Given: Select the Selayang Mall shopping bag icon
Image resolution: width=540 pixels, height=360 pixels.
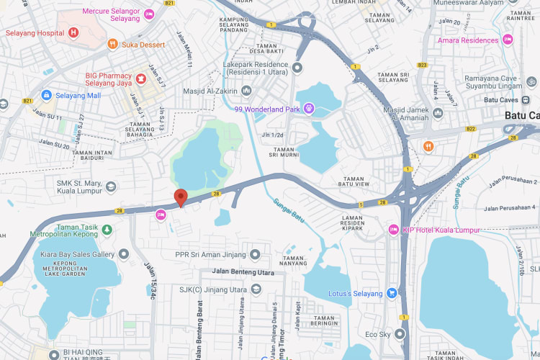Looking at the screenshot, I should point(46,95).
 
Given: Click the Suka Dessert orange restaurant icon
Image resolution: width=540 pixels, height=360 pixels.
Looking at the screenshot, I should point(112,44).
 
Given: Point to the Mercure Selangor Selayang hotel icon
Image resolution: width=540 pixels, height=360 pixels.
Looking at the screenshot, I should point(149,14).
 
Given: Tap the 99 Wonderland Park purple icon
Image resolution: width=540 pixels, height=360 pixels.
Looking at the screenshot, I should point(309,109).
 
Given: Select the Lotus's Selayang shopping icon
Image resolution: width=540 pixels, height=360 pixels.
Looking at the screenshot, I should point(392,292).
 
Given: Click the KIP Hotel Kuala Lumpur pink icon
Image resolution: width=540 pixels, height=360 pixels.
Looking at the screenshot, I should point(393,230).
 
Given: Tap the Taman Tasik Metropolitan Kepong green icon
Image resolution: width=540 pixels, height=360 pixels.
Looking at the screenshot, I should point(107,229).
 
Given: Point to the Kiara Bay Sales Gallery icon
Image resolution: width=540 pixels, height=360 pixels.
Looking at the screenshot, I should point(125,254).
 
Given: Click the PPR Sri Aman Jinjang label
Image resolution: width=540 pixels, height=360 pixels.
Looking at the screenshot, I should point(211,254).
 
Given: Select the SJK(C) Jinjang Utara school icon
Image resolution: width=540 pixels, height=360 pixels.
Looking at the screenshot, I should point(256,289).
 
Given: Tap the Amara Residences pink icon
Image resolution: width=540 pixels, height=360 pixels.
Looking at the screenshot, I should point(508,40).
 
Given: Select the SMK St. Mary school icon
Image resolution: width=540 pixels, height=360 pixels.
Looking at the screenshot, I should point(111,187).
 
